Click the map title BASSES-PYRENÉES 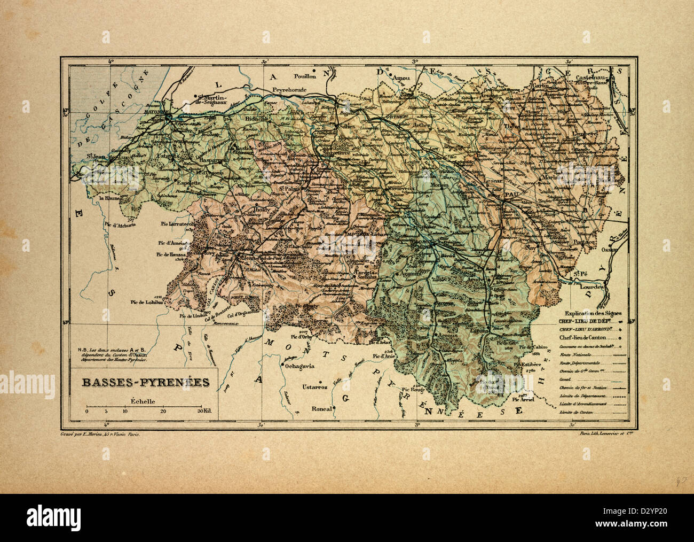click(145, 383)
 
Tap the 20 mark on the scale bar click(163, 412)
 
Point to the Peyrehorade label click(290, 90)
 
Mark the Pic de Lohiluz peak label click(146, 301)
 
